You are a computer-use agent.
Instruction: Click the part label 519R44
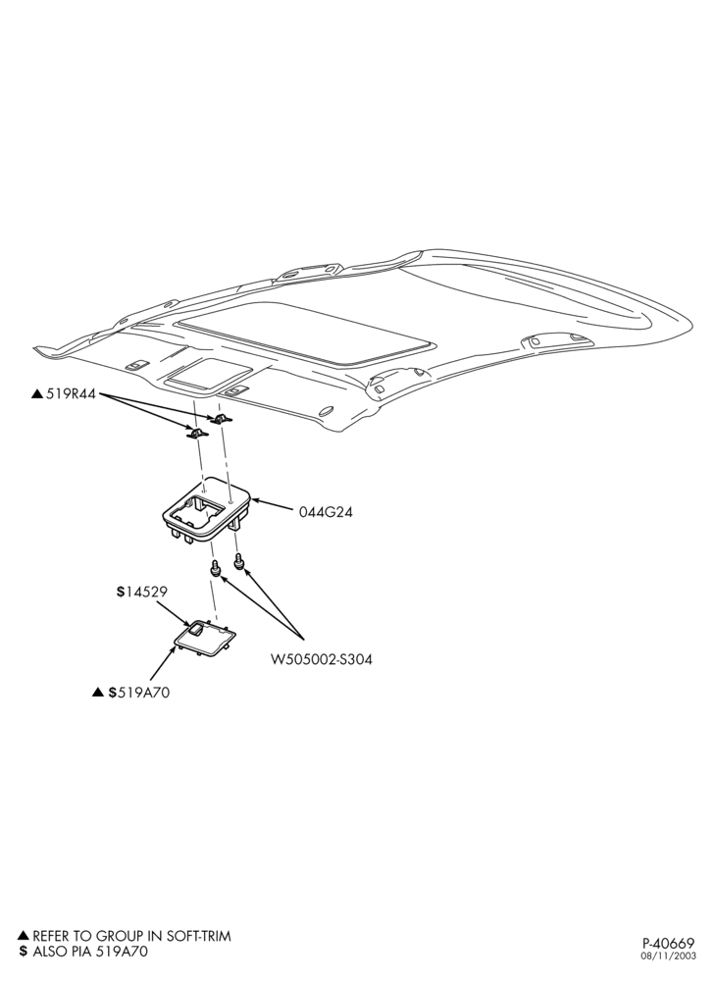point(71,394)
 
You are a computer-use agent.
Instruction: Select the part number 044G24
point(325,512)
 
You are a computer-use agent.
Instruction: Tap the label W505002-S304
point(321,659)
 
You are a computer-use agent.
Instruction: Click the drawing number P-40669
point(668,960)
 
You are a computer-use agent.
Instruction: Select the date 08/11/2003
point(668,972)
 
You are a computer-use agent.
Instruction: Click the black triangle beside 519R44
point(37,394)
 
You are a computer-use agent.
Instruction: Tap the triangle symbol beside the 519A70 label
point(97,692)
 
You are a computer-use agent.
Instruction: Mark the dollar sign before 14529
point(120,592)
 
